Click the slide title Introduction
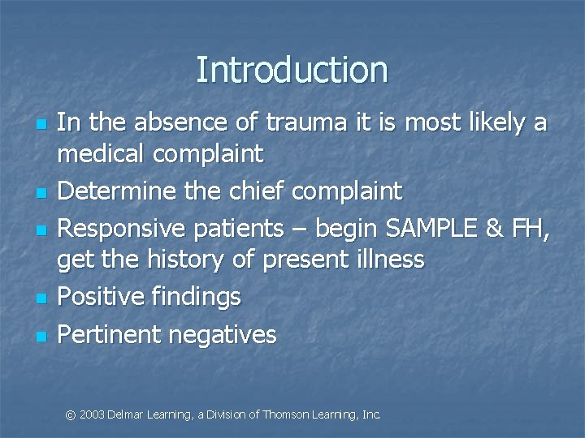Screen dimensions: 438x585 pyautogui.click(x=292, y=70)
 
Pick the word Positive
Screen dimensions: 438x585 pyautogui.click(x=103, y=298)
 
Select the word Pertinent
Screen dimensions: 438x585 pyautogui.click(x=110, y=334)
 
